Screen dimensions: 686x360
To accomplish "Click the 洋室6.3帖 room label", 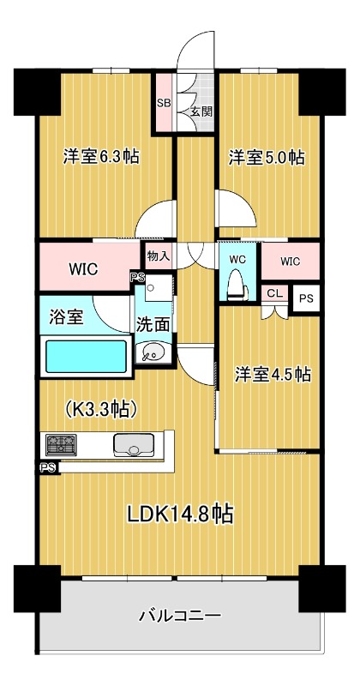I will (101, 157).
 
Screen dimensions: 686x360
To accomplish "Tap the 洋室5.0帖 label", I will (266, 157).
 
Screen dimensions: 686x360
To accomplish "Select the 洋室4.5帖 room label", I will (273, 375).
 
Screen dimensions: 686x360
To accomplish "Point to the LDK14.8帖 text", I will (180, 514).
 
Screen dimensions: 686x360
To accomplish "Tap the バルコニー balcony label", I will (180, 616).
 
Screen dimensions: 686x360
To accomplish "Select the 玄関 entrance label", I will (201, 111).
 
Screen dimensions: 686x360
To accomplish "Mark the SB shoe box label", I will (163, 103).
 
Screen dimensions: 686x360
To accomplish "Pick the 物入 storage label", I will (159, 255).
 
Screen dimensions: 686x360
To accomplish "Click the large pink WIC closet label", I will (83, 268).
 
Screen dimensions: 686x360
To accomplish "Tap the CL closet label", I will (274, 293).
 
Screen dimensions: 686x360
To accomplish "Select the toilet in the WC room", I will (237, 284).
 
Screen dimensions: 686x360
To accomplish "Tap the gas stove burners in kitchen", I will (60, 444).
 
